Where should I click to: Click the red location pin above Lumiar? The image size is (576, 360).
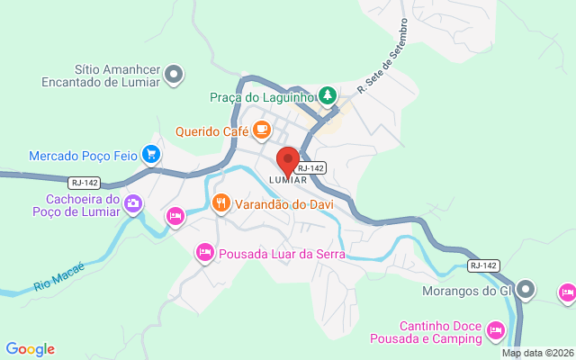pos(288,160)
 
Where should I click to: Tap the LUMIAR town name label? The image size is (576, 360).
pos(288,180)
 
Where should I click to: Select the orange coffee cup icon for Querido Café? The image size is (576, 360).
pos(262,130)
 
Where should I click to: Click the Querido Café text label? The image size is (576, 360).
pos(211,130)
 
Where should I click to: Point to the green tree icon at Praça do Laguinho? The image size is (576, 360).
pos(328,94)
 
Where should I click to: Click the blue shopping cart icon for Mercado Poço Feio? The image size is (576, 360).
pos(151,155)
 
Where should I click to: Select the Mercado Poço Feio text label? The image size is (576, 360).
pos(83,156)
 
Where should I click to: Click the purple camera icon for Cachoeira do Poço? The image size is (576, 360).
pos(133,202)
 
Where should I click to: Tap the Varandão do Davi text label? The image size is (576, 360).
pos(283,204)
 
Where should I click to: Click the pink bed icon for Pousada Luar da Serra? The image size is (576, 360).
pos(205,253)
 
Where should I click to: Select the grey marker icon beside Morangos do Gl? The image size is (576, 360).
pos(526,290)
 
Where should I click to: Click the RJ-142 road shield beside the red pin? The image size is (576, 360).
pos(310,167)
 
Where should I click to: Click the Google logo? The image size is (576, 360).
pos(30,348)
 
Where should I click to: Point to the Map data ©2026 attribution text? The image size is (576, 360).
pos(537,353)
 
